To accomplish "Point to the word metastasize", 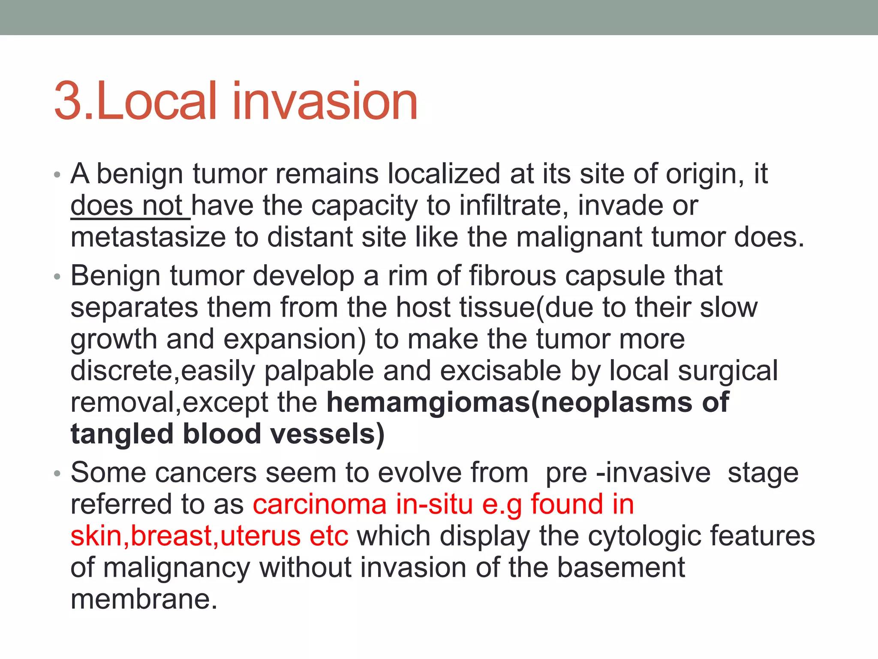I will [148, 237].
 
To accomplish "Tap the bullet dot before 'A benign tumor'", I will [57, 175].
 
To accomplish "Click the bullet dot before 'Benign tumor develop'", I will [57, 277].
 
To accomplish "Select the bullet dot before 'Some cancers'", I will [57, 474].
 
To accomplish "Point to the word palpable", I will [319, 371].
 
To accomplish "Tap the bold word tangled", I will [122, 435].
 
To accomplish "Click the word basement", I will [621, 568].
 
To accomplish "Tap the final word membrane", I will [144, 599].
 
